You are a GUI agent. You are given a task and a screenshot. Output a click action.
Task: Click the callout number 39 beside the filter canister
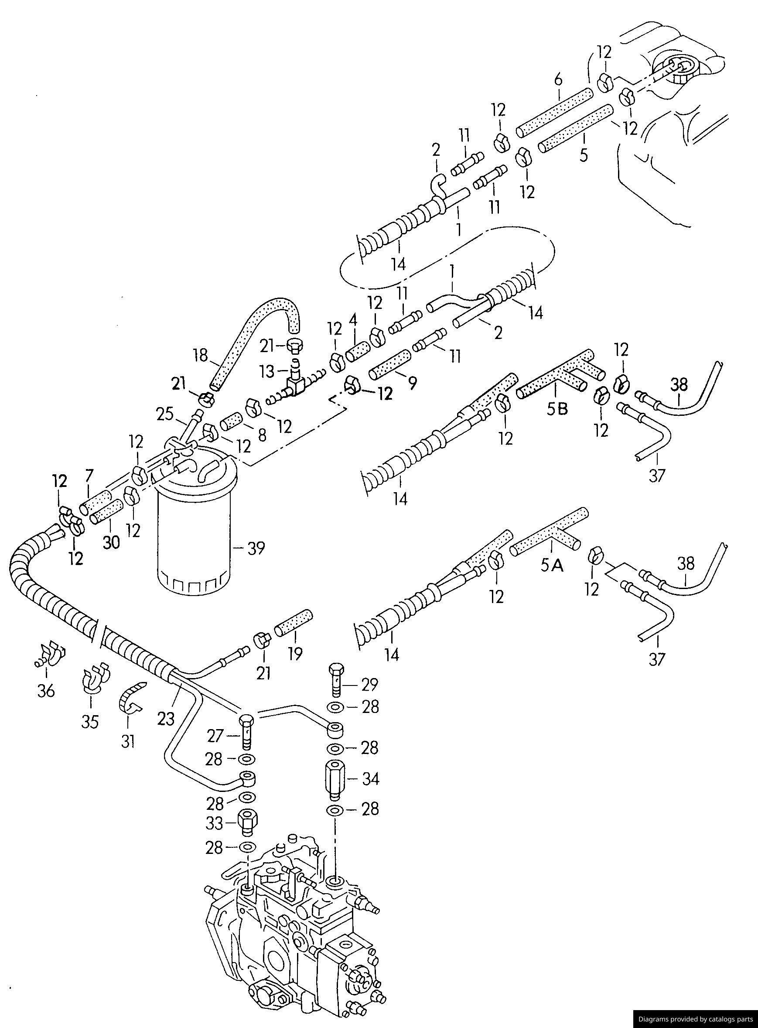pyautogui.click(x=256, y=548)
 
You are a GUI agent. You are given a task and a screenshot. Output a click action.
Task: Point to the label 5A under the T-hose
pyautogui.click(x=552, y=567)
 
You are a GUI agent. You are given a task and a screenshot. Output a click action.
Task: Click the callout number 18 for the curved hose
pyautogui.click(x=201, y=355)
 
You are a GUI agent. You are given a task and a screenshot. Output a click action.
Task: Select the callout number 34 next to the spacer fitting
pyautogui.click(x=370, y=779)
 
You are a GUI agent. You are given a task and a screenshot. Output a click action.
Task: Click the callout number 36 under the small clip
pyautogui.click(x=46, y=690)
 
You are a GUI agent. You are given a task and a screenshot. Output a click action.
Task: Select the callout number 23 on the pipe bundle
pyautogui.click(x=166, y=719)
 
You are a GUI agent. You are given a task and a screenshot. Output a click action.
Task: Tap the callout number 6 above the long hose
pyautogui.click(x=558, y=80)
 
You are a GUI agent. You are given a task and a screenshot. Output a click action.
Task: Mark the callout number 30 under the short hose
pyautogui.click(x=111, y=542)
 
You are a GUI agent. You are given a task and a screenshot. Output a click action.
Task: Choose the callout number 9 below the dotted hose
pyautogui.click(x=413, y=383)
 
